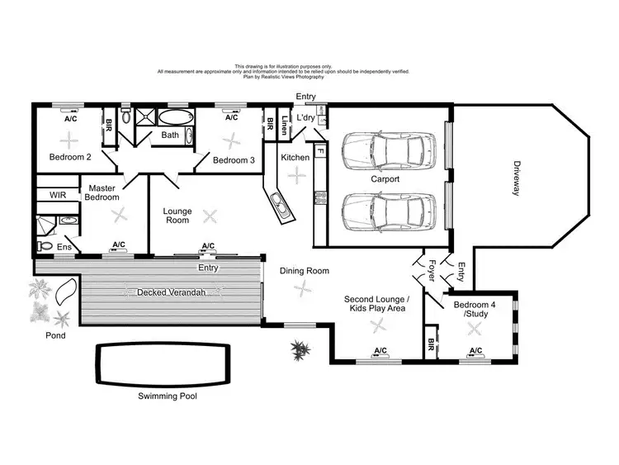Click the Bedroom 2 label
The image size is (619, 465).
(x=69, y=157)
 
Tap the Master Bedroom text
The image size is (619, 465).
(x=103, y=192)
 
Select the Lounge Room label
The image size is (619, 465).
(x=177, y=216)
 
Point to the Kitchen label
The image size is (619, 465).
(x=295, y=157)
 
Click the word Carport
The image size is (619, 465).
(x=385, y=178)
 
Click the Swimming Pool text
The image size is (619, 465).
(x=168, y=396)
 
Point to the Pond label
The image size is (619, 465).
(x=55, y=336)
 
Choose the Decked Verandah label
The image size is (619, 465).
(x=171, y=292)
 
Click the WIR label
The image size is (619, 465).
(x=58, y=196)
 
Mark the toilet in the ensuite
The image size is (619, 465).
(x=45, y=246)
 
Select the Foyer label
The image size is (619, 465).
(x=430, y=269)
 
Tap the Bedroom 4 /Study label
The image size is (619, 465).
(x=472, y=309)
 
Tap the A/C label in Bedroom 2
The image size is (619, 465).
(x=71, y=118)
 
